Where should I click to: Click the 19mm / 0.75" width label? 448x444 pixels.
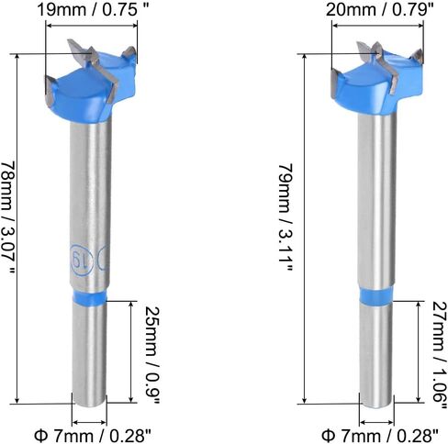93,10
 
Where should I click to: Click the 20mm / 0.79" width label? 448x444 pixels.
380,10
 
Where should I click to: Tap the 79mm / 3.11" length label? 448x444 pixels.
286,217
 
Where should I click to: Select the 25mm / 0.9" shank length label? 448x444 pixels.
152,355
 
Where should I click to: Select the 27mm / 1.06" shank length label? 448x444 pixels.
440,355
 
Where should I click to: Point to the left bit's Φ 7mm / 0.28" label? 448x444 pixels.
93,435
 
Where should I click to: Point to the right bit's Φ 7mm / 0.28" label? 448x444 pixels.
380,435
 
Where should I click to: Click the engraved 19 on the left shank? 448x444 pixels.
82,259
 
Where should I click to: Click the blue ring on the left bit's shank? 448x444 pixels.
90,298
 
